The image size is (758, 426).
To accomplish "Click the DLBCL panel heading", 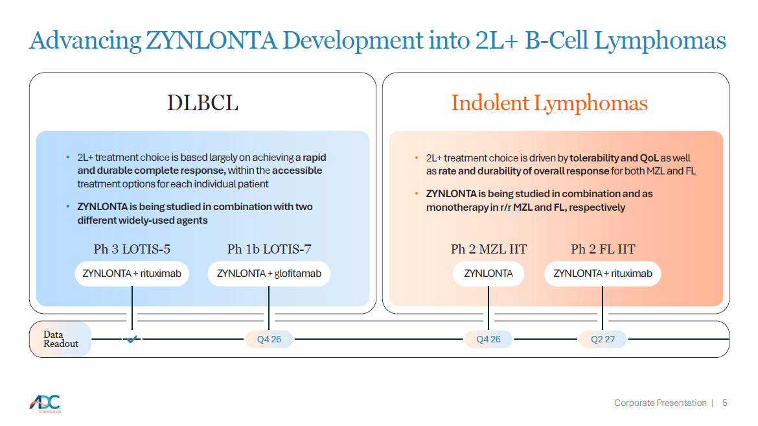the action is pyautogui.click(x=203, y=102).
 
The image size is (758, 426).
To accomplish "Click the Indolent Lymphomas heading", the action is pyautogui.click(x=549, y=103).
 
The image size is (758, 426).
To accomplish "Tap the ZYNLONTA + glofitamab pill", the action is pyautogui.click(x=269, y=274).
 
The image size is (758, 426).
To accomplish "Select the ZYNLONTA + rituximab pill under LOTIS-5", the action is pyautogui.click(x=132, y=274).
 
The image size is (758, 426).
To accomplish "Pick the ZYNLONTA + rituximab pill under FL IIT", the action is pyautogui.click(x=603, y=274).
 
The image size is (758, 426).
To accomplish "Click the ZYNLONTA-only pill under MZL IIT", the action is pyautogui.click(x=488, y=274).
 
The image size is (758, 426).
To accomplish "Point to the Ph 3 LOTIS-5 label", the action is pyautogui.click(x=132, y=249).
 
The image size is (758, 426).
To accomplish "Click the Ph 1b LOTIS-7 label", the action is pyautogui.click(x=270, y=249).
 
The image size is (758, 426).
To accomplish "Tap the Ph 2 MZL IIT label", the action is pyautogui.click(x=488, y=249).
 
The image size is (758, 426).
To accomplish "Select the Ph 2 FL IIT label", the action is pyautogui.click(x=603, y=249).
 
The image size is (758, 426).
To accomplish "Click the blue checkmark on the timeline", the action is pyautogui.click(x=132, y=339).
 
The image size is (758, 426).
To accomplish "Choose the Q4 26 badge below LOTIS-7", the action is pyautogui.click(x=269, y=339).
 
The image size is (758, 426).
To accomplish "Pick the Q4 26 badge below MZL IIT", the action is pyautogui.click(x=488, y=339).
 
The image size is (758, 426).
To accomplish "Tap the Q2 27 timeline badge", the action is pyautogui.click(x=603, y=339).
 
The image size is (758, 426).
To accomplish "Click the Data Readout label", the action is pyautogui.click(x=60, y=339).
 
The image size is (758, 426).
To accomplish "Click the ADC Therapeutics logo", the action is pyautogui.click(x=45, y=404).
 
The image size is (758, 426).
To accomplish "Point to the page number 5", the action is pyautogui.click(x=725, y=403).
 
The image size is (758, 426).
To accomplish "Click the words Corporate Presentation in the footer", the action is pyautogui.click(x=660, y=403).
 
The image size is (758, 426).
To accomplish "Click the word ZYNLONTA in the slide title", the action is pyautogui.click(x=211, y=40).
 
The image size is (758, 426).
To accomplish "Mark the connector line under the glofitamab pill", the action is pyautogui.click(x=269, y=308).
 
